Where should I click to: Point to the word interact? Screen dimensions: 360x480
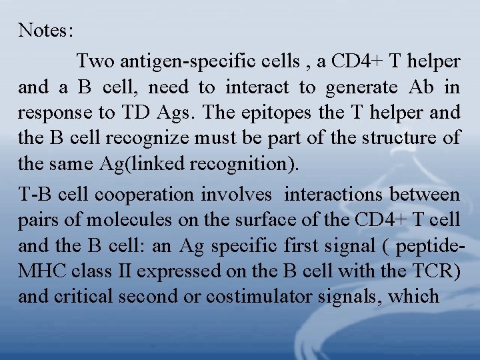tap(257, 87)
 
